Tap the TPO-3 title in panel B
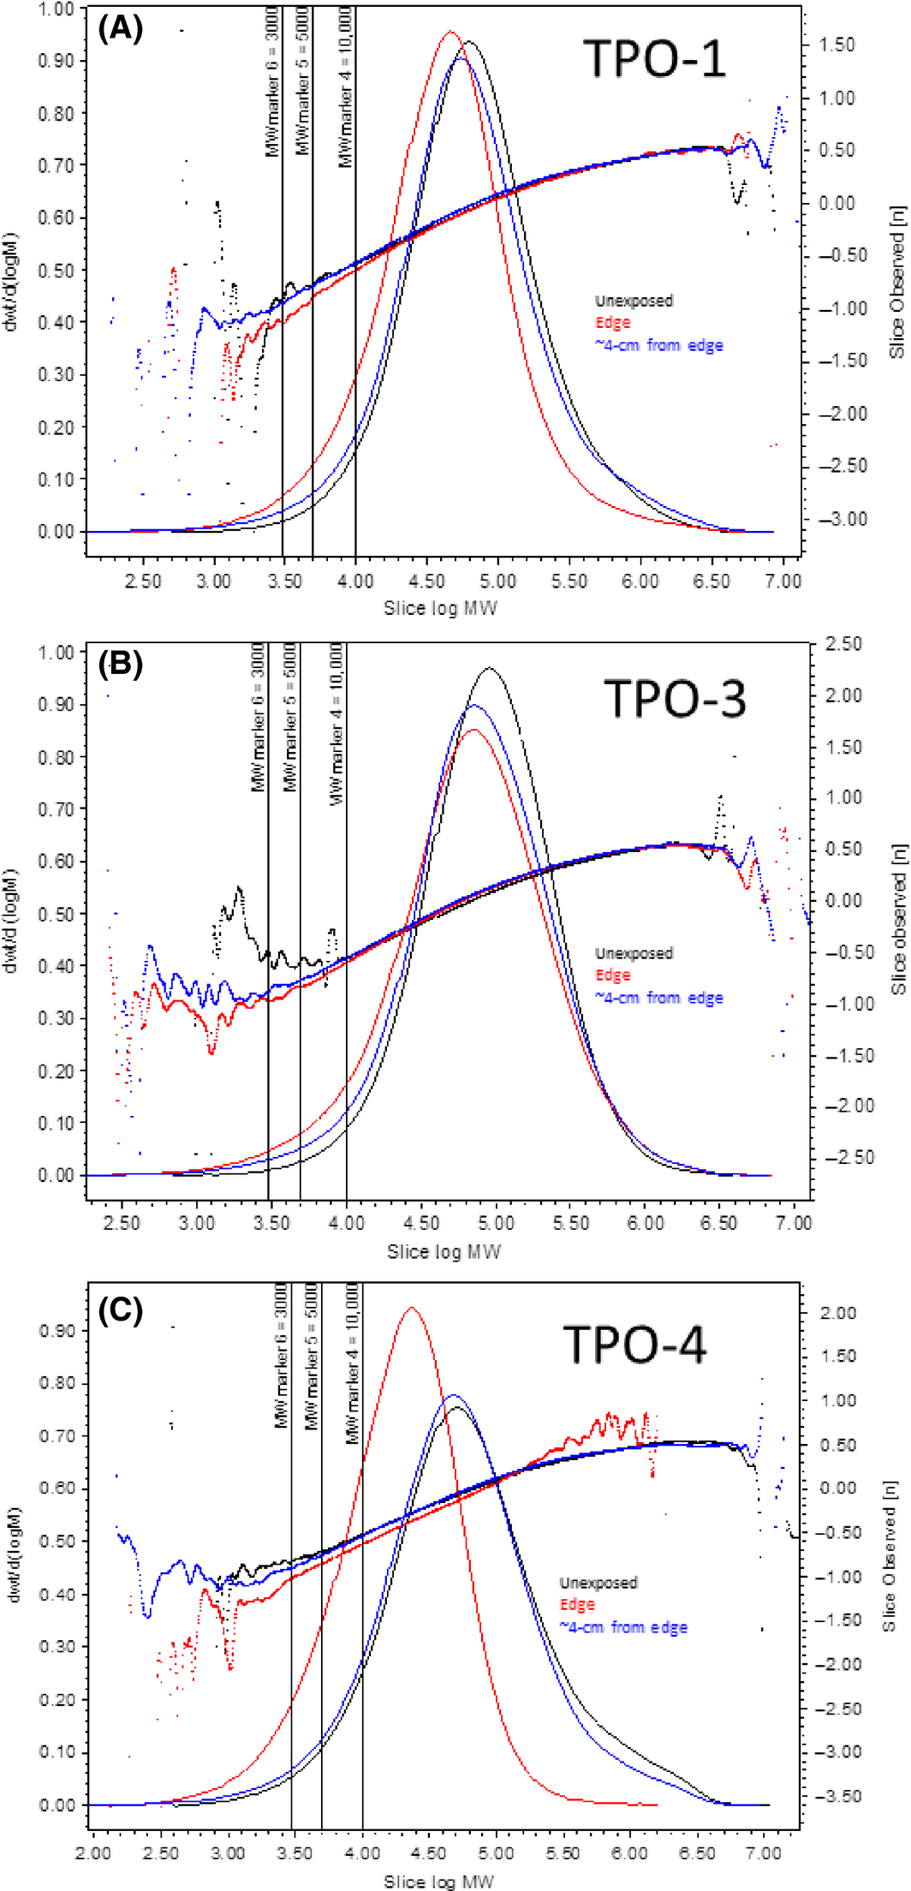[x=675, y=698]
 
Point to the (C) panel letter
[x=120, y=1310]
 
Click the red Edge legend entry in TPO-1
[x=612, y=323]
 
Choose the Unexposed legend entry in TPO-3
[x=634, y=953]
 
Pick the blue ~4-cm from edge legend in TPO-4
[x=623, y=1626]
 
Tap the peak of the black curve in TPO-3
[x=489, y=668]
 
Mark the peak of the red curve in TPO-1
[x=450, y=32]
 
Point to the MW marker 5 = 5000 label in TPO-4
[x=312, y=1356]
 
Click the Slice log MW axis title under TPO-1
[x=440, y=608]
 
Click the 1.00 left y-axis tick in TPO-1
[x=57, y=9]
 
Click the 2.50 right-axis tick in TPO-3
[x=843, y=644]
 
